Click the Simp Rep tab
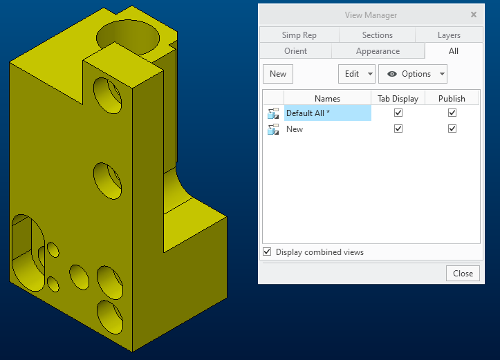(x=299, y=35)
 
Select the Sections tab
(x=377, y=35)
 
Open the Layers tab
(x=448, y=35)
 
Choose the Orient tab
(x=295, y=51)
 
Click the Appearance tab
(x=378, y=51)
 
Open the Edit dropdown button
(x=356, y=74)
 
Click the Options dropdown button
(x=413, y=74)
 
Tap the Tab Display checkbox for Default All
(x=398, y=113)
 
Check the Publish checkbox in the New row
(x=452, y=129)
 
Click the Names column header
(x=327, y=98)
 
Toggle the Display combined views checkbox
(x=267, y=252)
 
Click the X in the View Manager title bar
(x=474, y=15)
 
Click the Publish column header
(x=452, y=98)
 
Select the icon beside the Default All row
(x=273, y=113)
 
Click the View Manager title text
(x=371, y=15)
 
